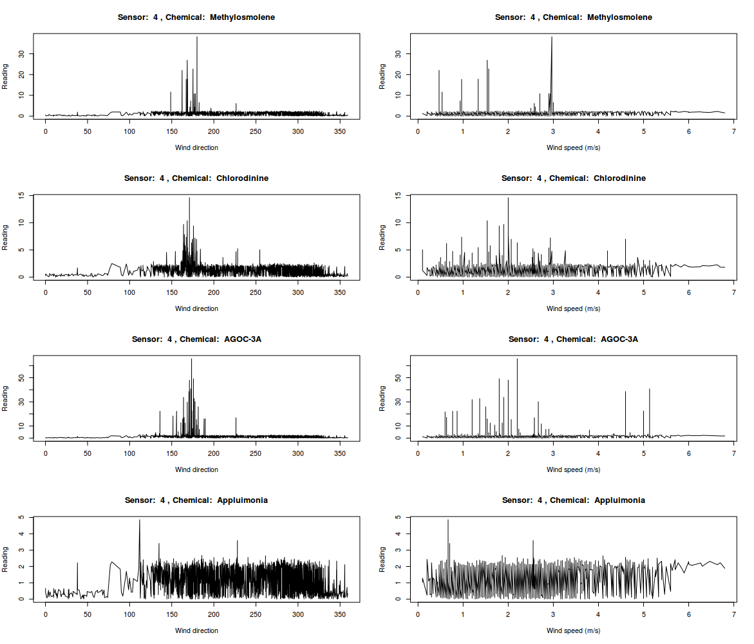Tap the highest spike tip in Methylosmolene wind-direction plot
pyautogui.click(x=197, y=37)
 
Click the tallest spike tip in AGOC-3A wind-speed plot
pyautogui.click(x=517, y=359)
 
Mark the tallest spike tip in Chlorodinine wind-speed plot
pyautogui.click(x=508, y=198)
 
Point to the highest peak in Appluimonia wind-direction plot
pyautogui.click(x=140, y=520)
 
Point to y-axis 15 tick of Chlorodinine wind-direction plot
pyautogui.click(x=23, y=195)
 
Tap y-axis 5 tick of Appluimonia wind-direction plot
pyautogui.click(x=23, y=517)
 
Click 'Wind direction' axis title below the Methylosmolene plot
pyautogui.click(x=196, y=147)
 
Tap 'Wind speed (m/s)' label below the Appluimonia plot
pyautogui.click(x=573, y=630)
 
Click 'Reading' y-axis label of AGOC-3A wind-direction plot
pyautogui.click(x=5, y=398)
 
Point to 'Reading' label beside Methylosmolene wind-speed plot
pyautogui.click(x=382, y=76)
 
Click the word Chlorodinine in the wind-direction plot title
pyautogui.click(x=243, y=178)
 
